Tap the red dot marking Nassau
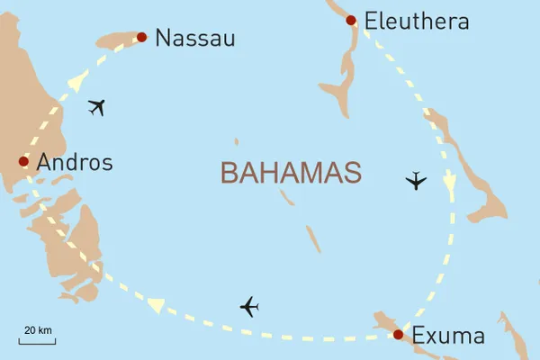(141, 37)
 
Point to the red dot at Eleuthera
(351, 19)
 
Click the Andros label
(75, 163)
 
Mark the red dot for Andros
(23, 162)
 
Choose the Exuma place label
(448, 337)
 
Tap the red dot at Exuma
(398, 335)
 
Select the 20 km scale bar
(37, 342)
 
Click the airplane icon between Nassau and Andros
(97, 109)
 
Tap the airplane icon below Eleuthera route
(415, 181)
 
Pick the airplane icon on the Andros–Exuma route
(249, 307)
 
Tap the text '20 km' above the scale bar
(37, 330)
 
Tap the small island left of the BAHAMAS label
(237, 141)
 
